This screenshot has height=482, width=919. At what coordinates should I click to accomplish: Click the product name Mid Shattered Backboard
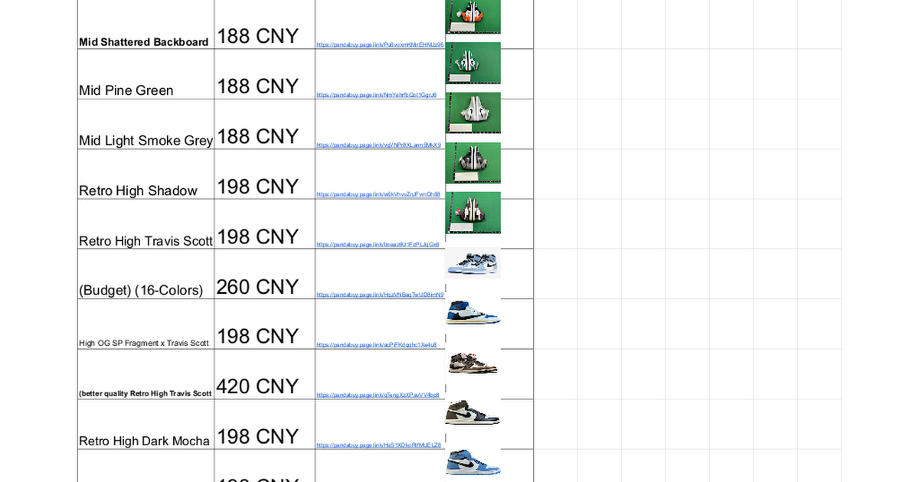pos(144,42)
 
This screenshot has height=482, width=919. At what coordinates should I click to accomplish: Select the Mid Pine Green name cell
pos(126,90)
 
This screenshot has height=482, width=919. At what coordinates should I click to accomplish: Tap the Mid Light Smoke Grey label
pos(146,140)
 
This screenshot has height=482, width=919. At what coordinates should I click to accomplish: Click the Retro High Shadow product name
pos(138,191)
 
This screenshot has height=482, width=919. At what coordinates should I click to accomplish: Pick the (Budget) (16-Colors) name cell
pos(141,290)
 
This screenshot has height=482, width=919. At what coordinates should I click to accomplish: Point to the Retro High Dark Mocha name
pos(144,441)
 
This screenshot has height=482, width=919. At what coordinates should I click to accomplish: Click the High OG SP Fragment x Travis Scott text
pos(144,343)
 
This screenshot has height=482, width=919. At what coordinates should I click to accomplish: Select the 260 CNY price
pos(257,286)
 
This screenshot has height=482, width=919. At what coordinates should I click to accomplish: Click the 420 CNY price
pos(257,386)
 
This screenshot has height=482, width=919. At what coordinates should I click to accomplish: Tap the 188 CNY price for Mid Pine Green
pos(257,86)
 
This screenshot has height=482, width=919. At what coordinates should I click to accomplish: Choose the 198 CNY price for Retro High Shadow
pos(257,187)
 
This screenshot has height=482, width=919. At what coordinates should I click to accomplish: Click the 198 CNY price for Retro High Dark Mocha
pos(257,436)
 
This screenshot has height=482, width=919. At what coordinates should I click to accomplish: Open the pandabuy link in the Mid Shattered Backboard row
pos(380,45)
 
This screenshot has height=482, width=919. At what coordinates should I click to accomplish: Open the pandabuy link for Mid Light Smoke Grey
pos(378,145)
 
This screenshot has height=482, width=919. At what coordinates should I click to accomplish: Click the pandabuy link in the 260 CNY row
pos(380,295)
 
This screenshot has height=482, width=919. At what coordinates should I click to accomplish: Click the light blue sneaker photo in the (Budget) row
pos(473,262)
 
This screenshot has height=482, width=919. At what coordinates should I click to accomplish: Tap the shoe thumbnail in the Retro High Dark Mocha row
pos(473,412)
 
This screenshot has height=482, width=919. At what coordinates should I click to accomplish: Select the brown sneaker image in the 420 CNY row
pos(473,363)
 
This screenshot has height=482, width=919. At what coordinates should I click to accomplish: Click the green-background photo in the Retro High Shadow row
pos(473,162)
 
